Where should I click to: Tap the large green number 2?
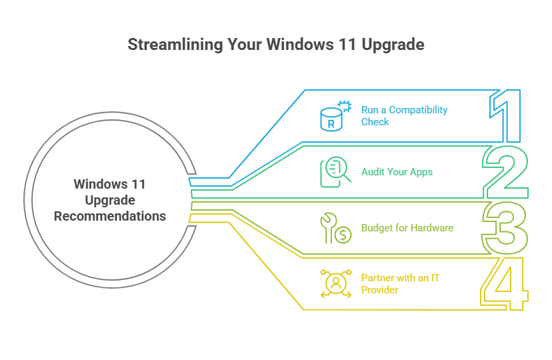coord(507,172)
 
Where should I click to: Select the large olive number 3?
coord(506,228)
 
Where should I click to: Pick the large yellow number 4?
coord(505,284)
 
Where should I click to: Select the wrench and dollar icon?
coord(335,228)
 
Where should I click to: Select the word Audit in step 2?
coord(372,172)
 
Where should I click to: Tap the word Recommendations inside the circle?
coord(110,216)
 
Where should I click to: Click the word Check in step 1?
coord(375,122)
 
